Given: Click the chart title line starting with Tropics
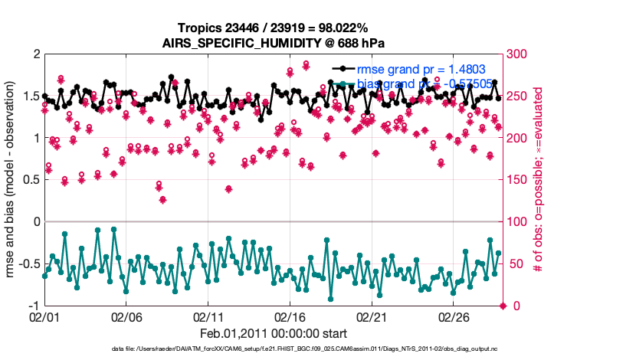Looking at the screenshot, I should point(274,28).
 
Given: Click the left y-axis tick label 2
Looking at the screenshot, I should point(35,54).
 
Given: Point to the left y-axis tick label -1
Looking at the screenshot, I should point(32,306).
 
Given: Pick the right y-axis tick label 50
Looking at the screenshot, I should point(516,264).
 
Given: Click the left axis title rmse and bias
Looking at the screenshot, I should point(12,180).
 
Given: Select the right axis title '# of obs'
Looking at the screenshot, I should point(539,180).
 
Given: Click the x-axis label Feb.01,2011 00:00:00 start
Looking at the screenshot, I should point(274,333).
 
